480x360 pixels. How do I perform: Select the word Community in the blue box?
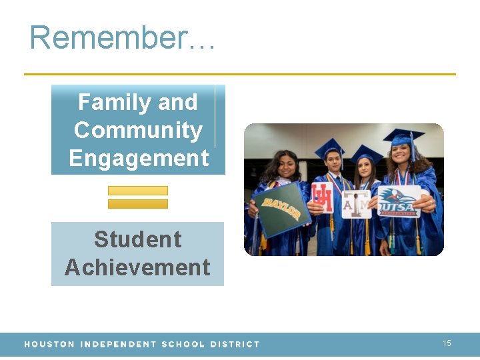pyautogui.click(x=138, y=130)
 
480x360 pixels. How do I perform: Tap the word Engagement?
pyautogui.click(x=138, y=159)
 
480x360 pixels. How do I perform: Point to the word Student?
pyautogui.click(x=137, y=239)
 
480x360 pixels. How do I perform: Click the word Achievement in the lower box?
pyautogui.click(x=137, y=267)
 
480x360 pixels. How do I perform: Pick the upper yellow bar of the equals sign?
pyautogui.click(x=138, y=191)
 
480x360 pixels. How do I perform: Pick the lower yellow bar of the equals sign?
pyautogui.click(x=138, y=204)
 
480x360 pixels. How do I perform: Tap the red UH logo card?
pyautogui.click(x=322, y=198)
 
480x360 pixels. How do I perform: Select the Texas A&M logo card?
pyautogui.click(x=357, y=205)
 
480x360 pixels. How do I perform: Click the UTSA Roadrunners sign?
pyautogui.click(x=399, y=201)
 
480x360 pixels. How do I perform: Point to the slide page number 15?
pyautogui.click(x=447, y=343)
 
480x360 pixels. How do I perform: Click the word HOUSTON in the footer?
pyautogui.click(x=49, y=345)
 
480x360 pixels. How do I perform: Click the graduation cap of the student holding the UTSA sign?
pyautogui.click(x=403, y=137)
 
